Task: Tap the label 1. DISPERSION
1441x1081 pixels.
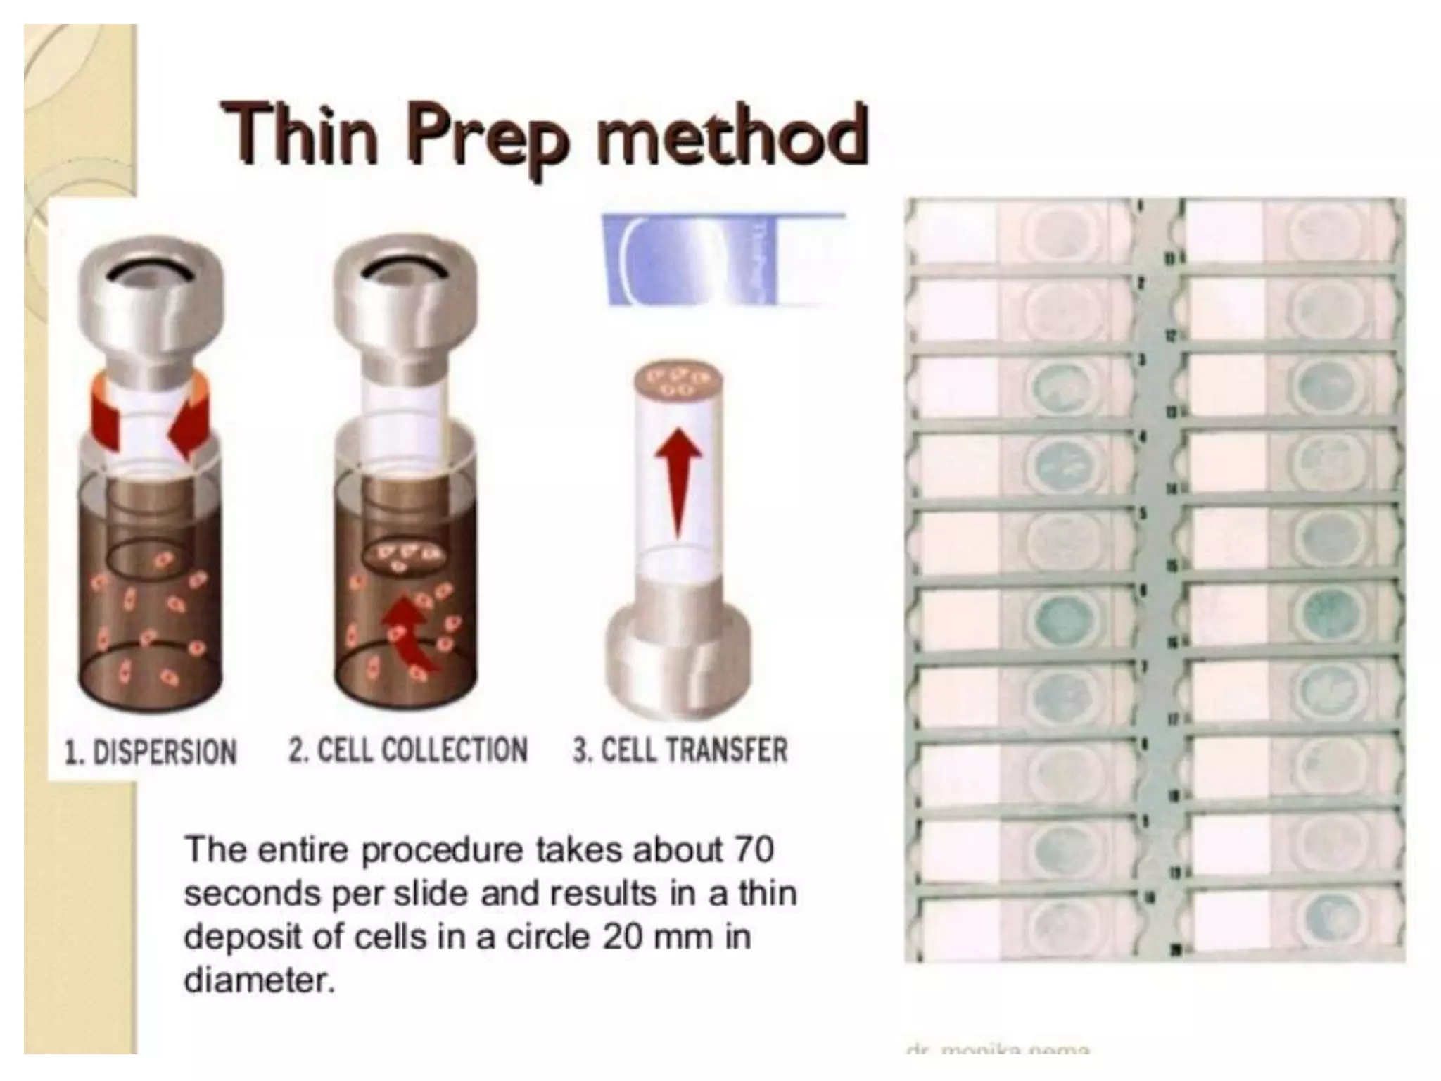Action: point(151,752)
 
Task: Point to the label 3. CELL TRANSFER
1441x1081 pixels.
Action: point(680,750)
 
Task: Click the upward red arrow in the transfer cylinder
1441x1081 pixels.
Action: point(678,479)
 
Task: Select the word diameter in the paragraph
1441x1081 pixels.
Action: point(258,980)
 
